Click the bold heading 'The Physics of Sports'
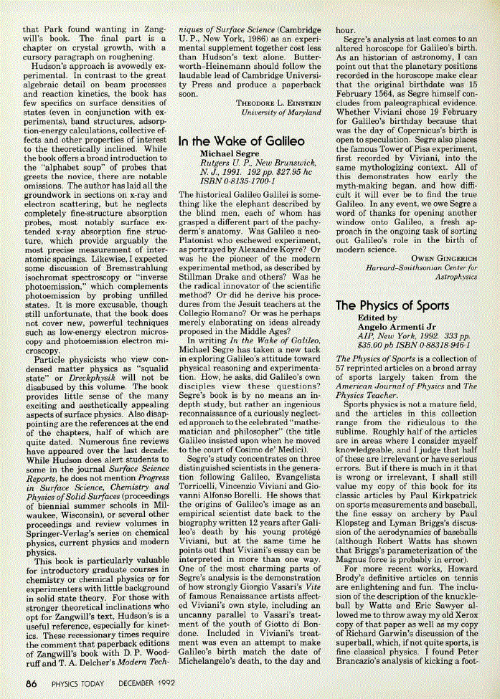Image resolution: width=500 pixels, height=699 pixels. [392, 305]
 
